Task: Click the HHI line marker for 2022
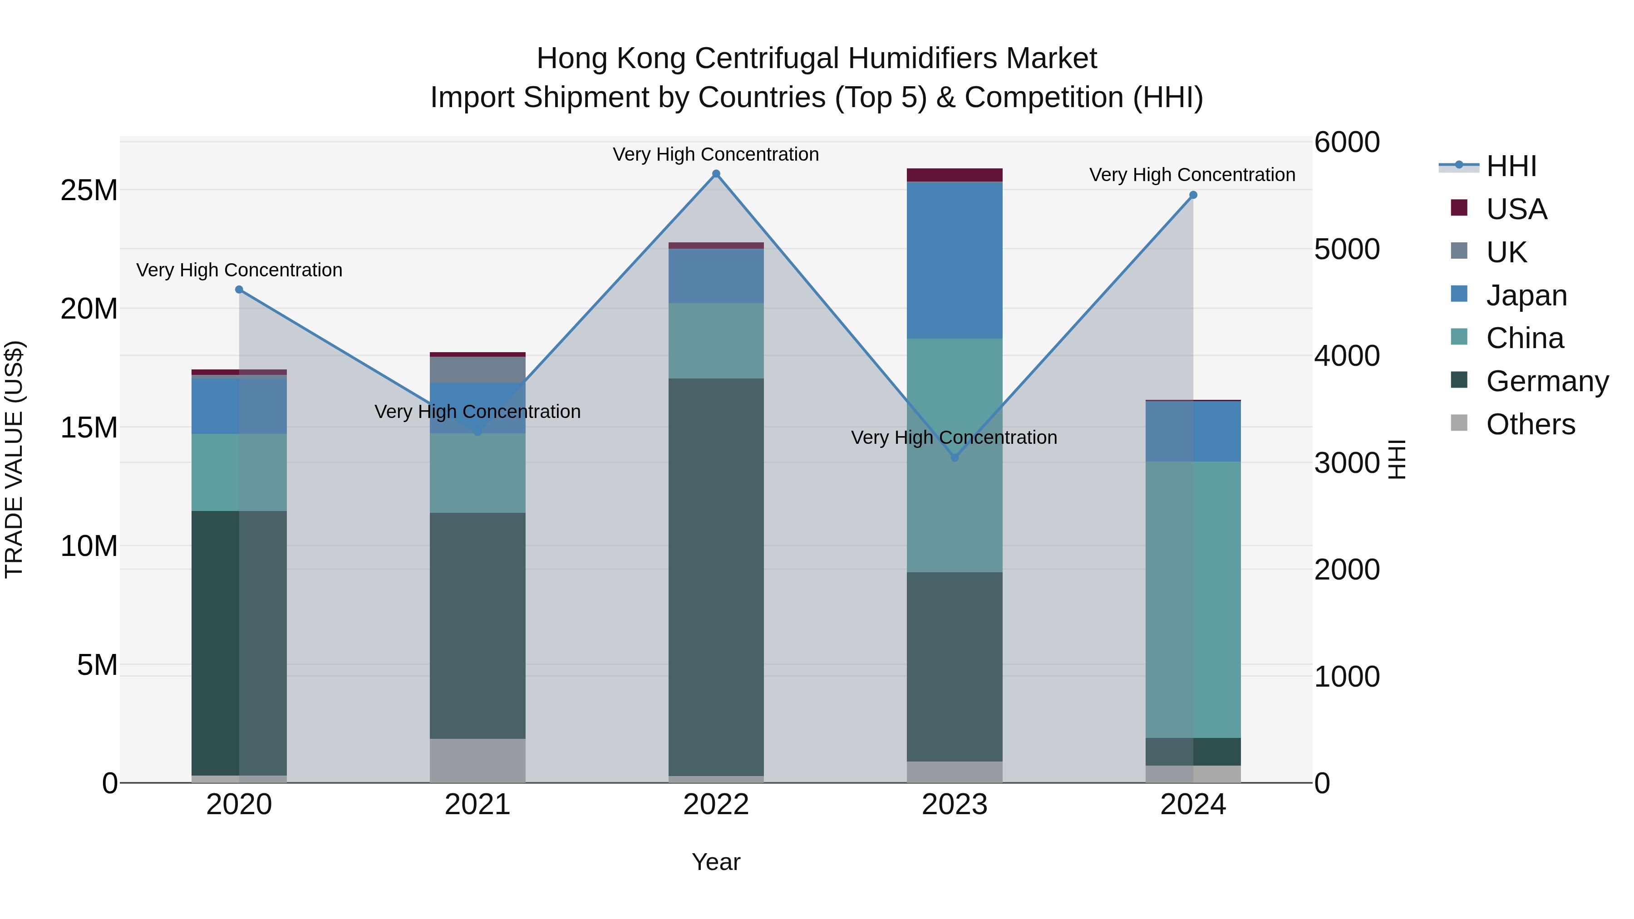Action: (x=716, y=174)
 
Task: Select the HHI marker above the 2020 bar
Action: (x=239, y=290)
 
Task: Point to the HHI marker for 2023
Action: (x=955, y=457)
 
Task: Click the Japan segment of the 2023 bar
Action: (x=955, y=260)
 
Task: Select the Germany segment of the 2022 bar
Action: (x=716, y=577)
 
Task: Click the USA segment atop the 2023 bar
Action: (x=955, y=175)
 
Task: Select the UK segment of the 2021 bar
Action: (x=477, y=370)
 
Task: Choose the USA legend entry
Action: (x=1516, y=209)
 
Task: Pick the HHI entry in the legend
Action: (x=1511, y=166)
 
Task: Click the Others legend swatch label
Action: (x=1530, y=424)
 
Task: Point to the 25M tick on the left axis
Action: (x=89, y=190)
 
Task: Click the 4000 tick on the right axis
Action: (x=1347, y=356)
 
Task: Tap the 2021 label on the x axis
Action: (x=477, y=805)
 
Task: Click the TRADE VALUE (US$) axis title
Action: (x=14, y=459)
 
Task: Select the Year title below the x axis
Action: (x=716, y=862)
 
